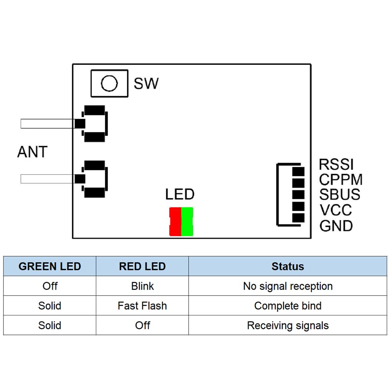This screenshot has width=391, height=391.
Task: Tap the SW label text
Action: pos(146,84)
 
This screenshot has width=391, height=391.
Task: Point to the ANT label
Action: pos(32,152)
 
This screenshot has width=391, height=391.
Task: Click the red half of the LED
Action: pos(175,222)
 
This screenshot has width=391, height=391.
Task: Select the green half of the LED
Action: pos(187,222)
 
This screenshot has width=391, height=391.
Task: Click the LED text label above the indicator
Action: pos(180,194)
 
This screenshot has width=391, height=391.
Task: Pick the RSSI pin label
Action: pos(336,165)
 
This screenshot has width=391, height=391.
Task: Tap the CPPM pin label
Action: pos(341,179)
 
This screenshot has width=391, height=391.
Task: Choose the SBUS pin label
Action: pos(339,194)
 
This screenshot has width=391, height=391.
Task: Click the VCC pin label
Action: pos(336,210)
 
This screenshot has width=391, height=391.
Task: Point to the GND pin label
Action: pos(336,226)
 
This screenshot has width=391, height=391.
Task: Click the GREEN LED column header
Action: pos(50,266)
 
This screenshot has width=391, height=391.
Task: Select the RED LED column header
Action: pos(142,266)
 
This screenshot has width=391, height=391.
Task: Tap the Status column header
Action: pos(288,266)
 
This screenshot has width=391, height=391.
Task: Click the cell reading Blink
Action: pos(142,286)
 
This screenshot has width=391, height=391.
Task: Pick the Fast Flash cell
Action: pos(142,306)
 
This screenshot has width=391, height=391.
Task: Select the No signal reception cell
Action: pos(288,286)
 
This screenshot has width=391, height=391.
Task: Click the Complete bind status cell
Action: pos(288,306)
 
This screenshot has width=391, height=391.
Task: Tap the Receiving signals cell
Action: pos(288,326)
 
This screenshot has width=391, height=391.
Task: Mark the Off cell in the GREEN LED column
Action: pos(50,286)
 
